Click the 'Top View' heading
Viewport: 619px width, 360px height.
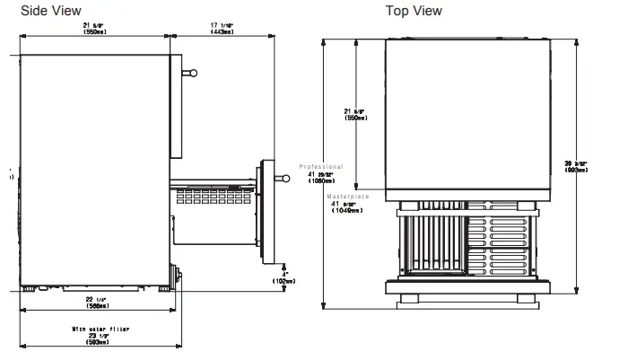pyautogui.click(x=414, y=11)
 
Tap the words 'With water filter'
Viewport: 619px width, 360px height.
pyautogui.click(x=100, y=329)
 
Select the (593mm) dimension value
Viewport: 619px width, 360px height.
pyautogui.click(x=100, y=343)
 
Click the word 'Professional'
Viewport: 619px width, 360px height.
pyautogui.click(x=322, y=167)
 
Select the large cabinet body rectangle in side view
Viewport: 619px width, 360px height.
pyautogui.click(x=94, y=166)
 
